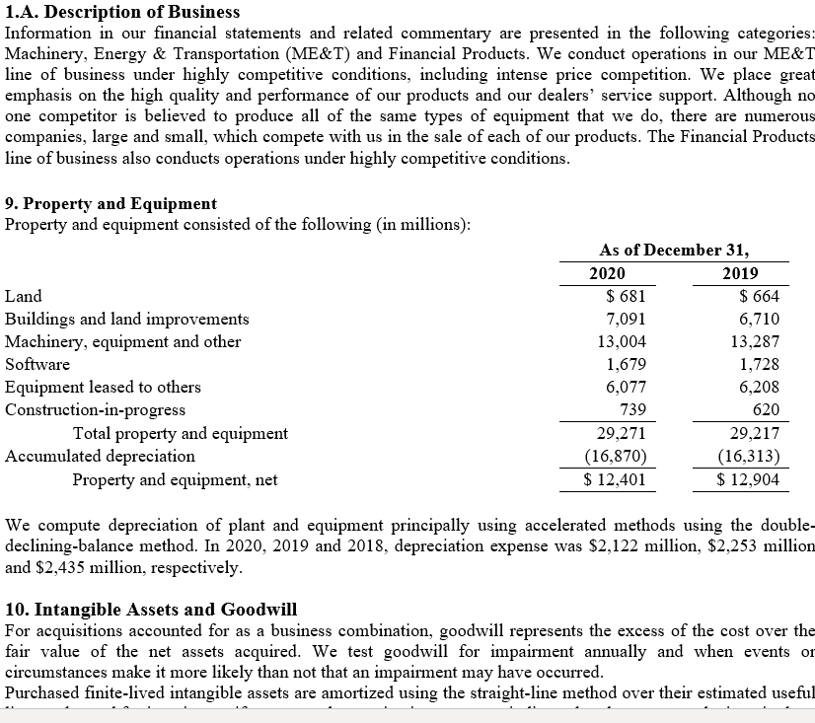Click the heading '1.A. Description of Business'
pyautogui.click(x=122, y=12)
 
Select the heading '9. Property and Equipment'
pyautogui.click(x=111, y=203)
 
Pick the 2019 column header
pyautogui.click(x=740, y=273)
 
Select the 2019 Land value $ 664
pyautogui.click(x=759, y=296)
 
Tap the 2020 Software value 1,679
pyautogui.click(x=626, y=364)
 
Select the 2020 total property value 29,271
pyautogui.click(x=622, y=433)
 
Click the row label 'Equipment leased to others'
pyautogui.click(x=103, y=387)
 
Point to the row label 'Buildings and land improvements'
pyautogui.click(x=126, y=319)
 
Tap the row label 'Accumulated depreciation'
pyautogui.click(x=100, y=456)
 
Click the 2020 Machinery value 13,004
pyautogui.click(x=622, y=341)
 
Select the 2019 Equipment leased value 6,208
pyautogui.click(x=759, y=387)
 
